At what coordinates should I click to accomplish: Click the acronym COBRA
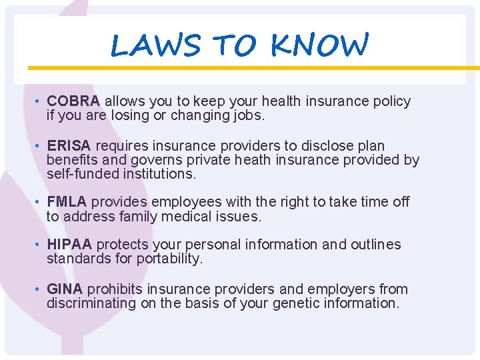click(73, 101)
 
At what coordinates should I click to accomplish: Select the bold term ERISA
click(69, 145)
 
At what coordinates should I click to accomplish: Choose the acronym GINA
click(65, 289)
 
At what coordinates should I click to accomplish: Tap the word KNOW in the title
click(319, 45)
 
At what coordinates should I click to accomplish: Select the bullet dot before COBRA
click(39, 102)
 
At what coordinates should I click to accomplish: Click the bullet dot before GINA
click(39, 290)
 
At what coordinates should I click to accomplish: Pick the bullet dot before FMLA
click(39, 202)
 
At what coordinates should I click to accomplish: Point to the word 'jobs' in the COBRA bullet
click(248, 116)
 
